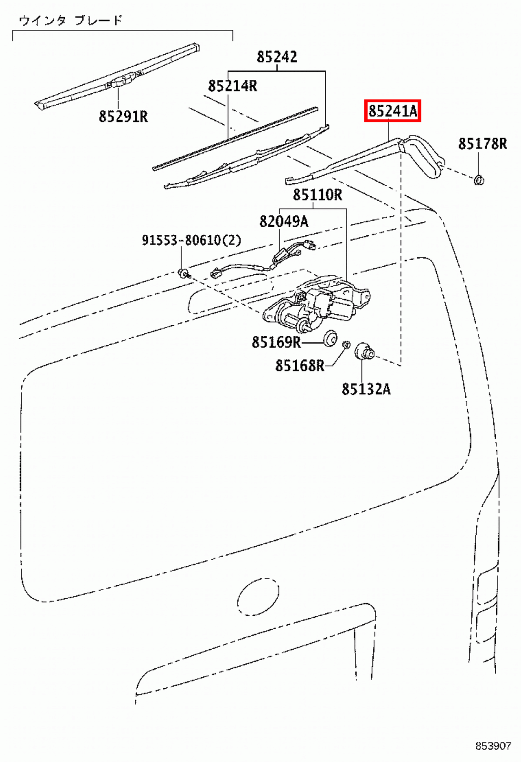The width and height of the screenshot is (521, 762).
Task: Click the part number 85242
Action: pyautogui.click(x=277, y=57)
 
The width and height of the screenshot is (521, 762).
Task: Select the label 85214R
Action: pyautogui.click(x=232, y=86)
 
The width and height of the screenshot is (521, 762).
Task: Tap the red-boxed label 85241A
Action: pyautogui.click(x=392, y=111)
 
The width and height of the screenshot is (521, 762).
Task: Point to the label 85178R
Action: pyautogui.click(x=482, y=144)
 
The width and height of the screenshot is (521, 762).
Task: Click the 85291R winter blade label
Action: pyautogui.click(x=123, y=116)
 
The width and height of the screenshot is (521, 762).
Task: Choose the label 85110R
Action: pyautogui.click(x=317, y=195)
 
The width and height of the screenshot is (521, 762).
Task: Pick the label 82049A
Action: pyautogui.click(x=283, y=221)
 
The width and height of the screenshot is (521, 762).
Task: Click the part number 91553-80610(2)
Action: pyautogui.click(x=191, y=240)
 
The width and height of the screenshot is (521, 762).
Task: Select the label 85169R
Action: pyautogui.click(x=276, y=342)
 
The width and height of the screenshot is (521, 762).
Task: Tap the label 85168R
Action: pyautogui.click(x=299, y=366)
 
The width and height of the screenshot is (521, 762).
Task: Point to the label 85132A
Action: pyautogui.click(x=366, y=389)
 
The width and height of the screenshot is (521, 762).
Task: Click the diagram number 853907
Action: pyautogui.click(x=492, y=746)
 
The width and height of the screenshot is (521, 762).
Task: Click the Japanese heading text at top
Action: pyautogui.click(x=70, y=20)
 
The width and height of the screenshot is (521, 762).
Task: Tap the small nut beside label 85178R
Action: pyautogui.click(x=479, y=180)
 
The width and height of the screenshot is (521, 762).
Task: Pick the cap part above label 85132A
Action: pyautogui.click(x=364, y=351)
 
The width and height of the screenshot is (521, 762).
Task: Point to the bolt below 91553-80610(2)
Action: pyautogui.click(x=183, y=273)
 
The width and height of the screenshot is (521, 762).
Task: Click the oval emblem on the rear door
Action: pyautogui.click(x=258, y=598)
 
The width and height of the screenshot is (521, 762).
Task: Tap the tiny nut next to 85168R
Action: pyautogui.click(x=347, y=344)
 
